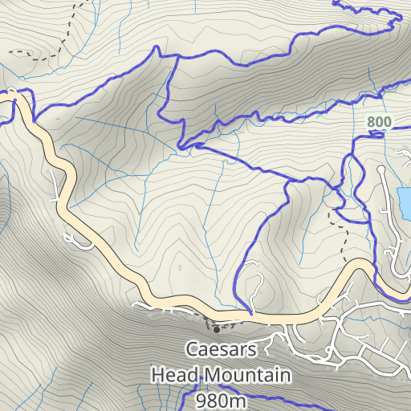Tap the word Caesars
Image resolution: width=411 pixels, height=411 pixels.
click(x=221, y=349)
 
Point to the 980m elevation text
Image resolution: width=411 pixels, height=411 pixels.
click(x=221, y=399)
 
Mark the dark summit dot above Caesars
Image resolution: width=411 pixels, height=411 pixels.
click(x=215, y=329)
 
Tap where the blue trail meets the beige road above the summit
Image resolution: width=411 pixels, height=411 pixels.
click(x=252, y=313)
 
